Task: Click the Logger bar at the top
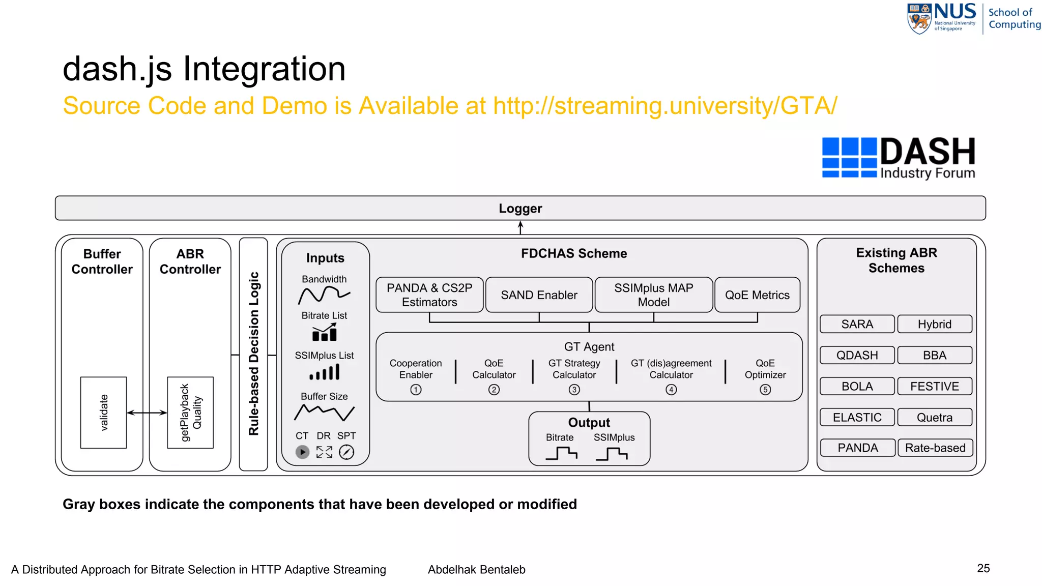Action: tap(520, 208)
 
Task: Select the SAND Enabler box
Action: tap(539, 295)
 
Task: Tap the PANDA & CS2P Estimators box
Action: tap(429, 295)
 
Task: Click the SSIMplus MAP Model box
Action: tap(653, 295)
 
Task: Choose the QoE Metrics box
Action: tap(757, 295)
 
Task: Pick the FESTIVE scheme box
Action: tap(934, 386)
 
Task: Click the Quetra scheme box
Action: tap(934, 417)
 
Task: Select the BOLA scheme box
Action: tap(857, 386)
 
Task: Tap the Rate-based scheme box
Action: tap(935, 448)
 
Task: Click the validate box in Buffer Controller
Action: tap(103, 413)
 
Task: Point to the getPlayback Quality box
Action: tap(190, 413)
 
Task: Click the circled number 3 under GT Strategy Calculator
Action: tap(574, 390)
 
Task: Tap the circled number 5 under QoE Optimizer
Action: tap(765, 390)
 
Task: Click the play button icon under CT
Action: tap(302, 452)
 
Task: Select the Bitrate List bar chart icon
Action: tap(324, 333)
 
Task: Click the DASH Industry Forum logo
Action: tap(899, 158)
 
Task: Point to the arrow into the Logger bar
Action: tap(520, 227)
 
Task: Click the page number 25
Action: tap(983, 568)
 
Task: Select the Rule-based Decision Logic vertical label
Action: tap(253, 354)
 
